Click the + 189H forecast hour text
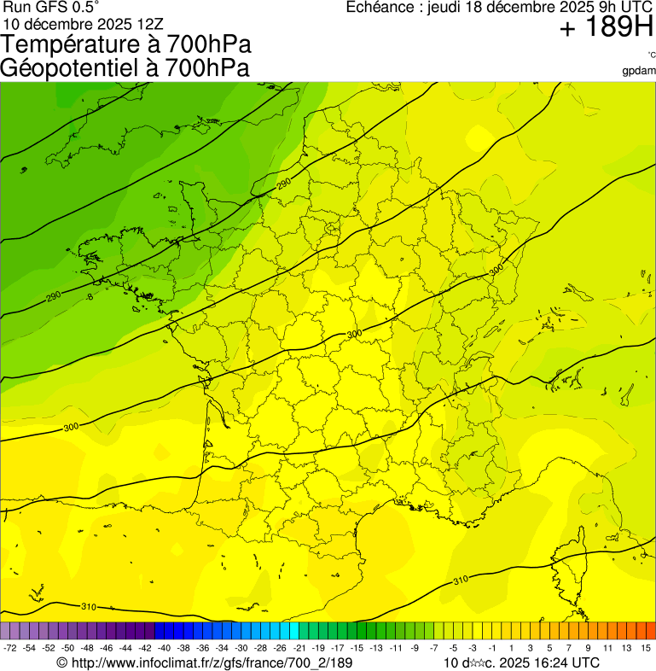[606, 29]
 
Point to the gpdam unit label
[640, 71]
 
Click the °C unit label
[651, 55]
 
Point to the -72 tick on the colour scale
[10, 648]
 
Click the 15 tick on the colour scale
[646, 648]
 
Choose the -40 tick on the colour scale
[164, 648]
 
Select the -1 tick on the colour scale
[492, 648]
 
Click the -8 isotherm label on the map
[89, 297]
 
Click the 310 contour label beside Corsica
[461, 581]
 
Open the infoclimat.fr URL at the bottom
[204, 662]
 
